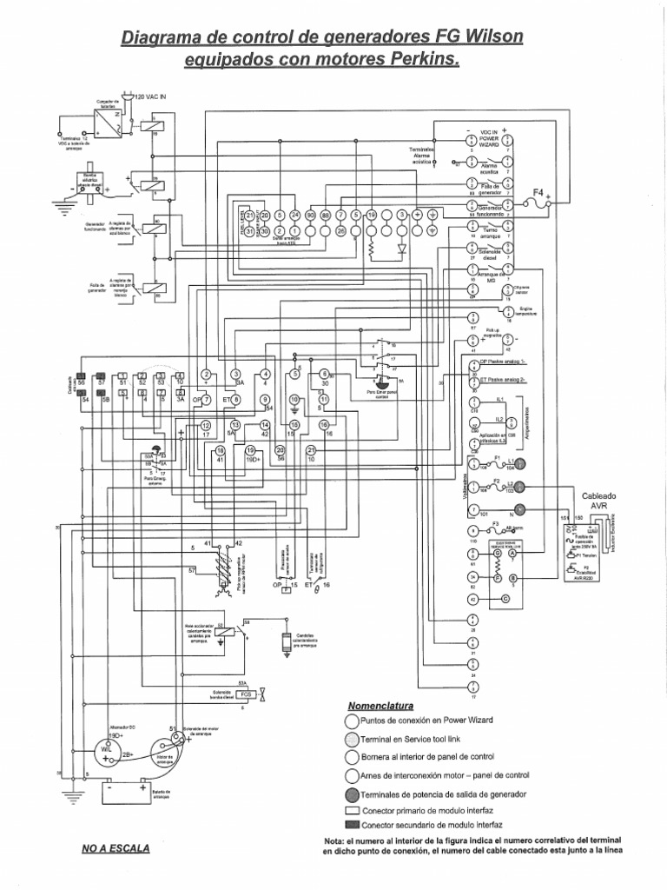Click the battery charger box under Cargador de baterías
point(106,122)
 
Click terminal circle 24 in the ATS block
point(295,215)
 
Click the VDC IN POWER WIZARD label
point(488,137)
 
